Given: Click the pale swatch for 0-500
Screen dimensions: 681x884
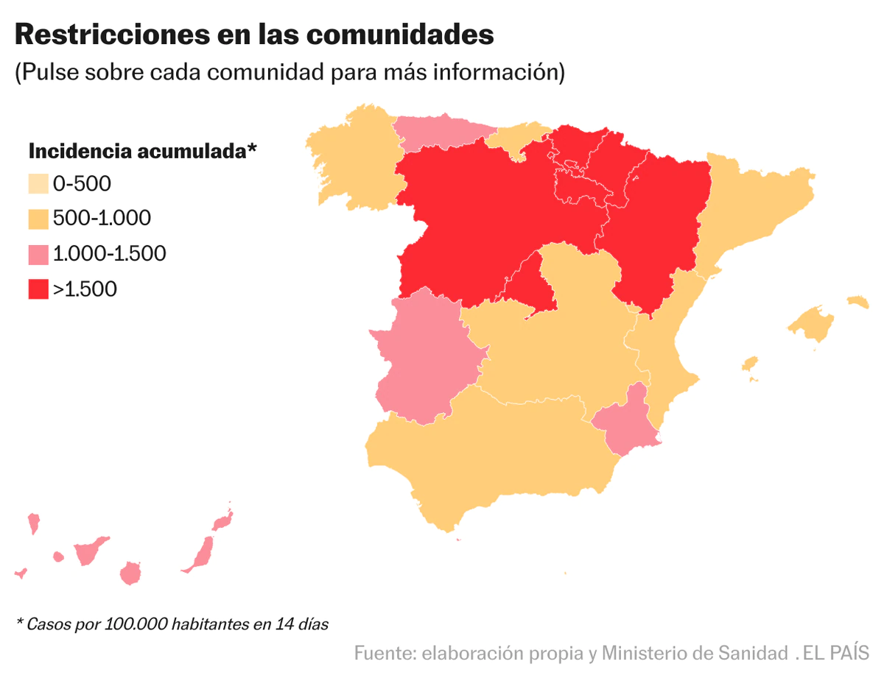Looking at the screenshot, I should click(38, 183).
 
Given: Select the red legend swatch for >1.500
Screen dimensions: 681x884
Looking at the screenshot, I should click(38, 289).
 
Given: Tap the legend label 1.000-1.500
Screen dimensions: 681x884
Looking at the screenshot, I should click(109, 254).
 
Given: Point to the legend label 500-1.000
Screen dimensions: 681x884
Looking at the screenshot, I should click(102, 219).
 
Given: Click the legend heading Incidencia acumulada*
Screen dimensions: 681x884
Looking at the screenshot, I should click(142, 152).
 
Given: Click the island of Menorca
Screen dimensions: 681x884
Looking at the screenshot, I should click(857, 301).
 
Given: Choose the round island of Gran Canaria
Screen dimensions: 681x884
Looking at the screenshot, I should click(130, 573).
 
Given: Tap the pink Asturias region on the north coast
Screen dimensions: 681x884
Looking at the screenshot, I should click(435, 133).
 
